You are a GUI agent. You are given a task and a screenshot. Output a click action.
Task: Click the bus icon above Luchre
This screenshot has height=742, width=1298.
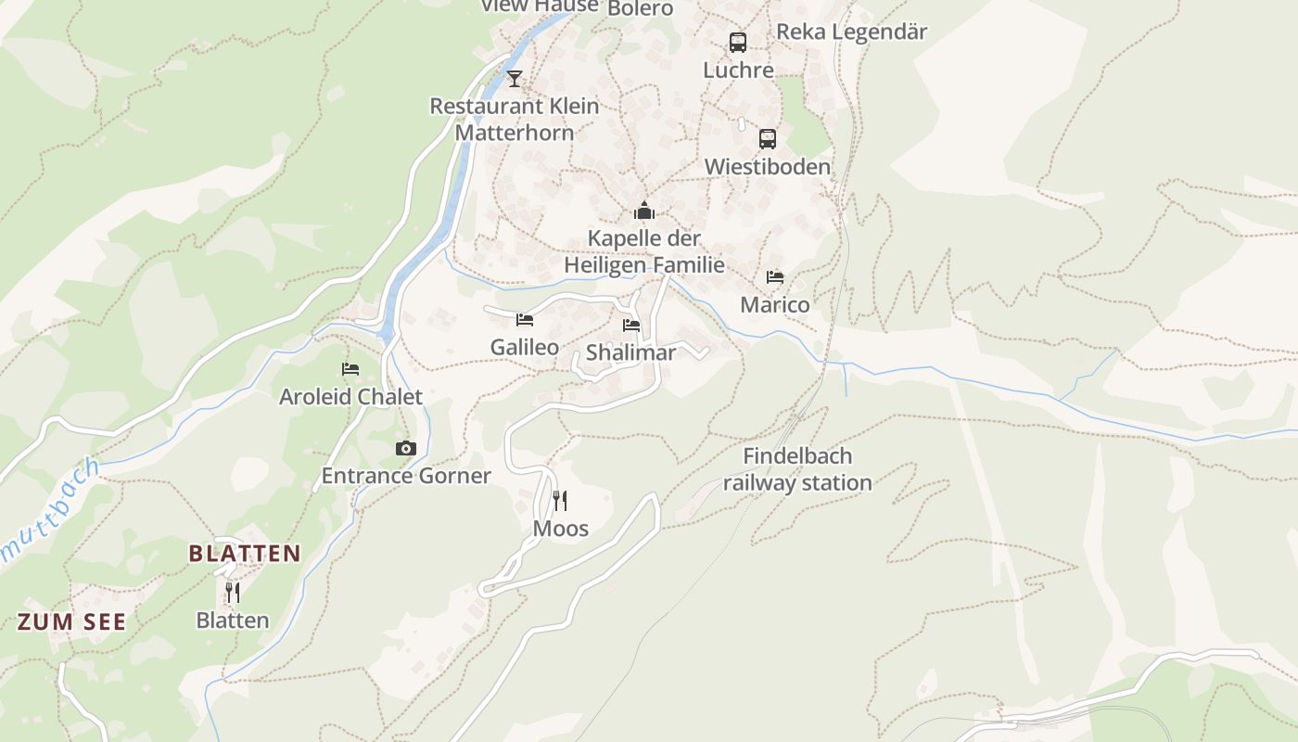point(738,43)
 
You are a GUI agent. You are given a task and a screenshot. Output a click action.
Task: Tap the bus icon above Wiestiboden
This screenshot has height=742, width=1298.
point(768,139)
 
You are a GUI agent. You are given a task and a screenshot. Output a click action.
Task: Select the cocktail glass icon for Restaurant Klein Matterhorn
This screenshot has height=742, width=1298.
point(515,78)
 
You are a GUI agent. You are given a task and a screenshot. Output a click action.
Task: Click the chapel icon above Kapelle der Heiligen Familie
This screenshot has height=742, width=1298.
point(644,211)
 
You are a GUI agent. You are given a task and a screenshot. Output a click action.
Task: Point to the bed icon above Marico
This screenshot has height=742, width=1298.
point(775,277)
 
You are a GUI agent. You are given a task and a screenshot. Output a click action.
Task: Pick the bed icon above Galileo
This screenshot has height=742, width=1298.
point(525,320)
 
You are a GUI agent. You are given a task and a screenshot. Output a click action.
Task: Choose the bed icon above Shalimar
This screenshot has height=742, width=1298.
point(631,326)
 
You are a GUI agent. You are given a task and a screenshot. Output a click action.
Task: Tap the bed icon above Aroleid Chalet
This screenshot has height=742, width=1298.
point(350,369)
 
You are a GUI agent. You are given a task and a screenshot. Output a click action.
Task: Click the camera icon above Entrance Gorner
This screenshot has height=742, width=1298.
point(405,449)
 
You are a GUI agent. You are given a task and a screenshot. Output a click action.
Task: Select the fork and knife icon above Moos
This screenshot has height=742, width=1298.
point(560,501)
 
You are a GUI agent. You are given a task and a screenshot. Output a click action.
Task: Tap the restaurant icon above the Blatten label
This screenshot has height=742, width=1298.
point(233,592)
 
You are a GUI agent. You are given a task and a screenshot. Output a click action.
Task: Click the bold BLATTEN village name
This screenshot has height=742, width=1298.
point(245,554)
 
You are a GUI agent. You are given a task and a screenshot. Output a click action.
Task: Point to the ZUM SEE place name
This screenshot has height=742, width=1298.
point(71,622)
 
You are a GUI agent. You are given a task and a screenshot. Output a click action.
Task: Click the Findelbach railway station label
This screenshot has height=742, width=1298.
point(797,469)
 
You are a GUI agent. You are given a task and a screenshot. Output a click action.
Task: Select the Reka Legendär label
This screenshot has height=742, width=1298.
point(851,32)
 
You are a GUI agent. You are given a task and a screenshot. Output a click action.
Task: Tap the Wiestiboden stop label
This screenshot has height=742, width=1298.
point(768,167)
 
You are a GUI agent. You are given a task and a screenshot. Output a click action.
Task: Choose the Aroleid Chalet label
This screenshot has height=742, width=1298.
point(350,397)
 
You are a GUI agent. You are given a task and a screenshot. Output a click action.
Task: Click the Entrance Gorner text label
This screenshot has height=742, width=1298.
point(405,476)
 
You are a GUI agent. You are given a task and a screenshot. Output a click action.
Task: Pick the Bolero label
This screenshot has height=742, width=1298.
point(640,8)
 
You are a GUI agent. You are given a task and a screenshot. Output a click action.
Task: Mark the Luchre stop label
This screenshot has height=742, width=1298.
point(738,70)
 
